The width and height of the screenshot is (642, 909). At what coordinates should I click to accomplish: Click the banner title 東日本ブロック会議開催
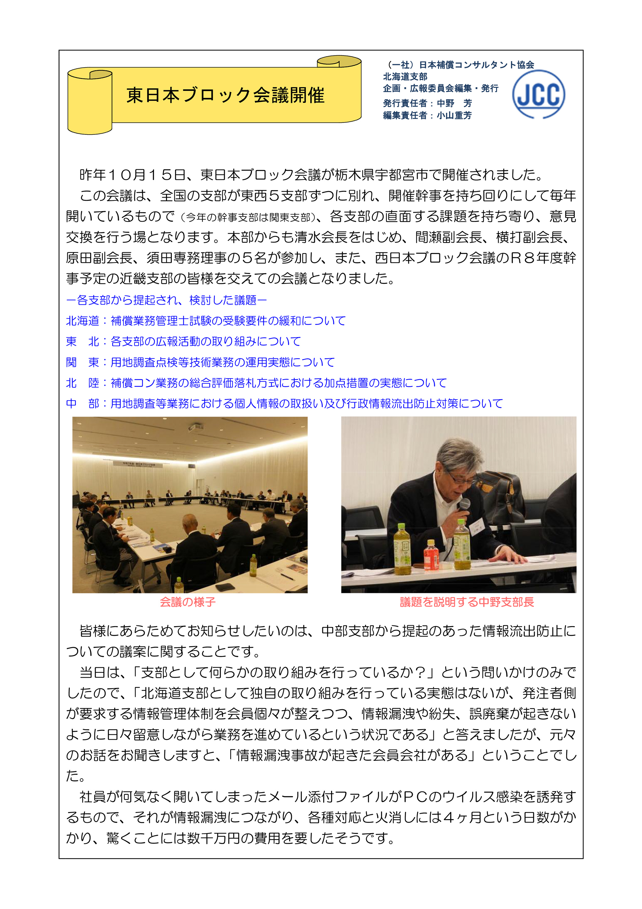(225, 95)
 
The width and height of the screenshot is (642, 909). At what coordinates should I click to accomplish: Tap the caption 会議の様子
(188, 602)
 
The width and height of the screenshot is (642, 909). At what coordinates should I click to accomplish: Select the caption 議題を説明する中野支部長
(467, 602)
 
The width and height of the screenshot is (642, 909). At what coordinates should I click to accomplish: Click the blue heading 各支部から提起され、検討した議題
(166, 300)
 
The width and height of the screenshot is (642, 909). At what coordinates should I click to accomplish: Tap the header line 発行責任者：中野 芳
(427, 103)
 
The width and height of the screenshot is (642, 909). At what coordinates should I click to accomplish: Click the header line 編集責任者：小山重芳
(427, 115)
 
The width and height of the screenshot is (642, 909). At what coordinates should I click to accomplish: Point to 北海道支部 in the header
(405, 77)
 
